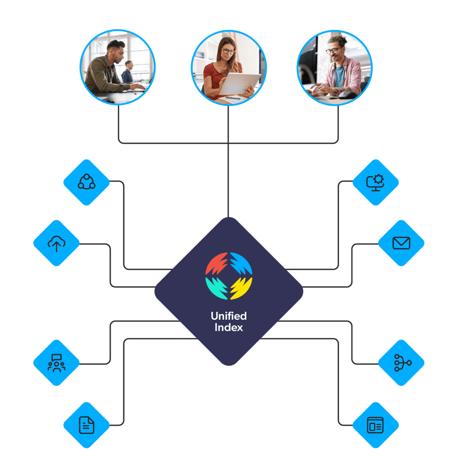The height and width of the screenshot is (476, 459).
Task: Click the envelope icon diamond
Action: coord(401,243)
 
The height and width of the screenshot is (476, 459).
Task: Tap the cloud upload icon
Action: coord(56,243)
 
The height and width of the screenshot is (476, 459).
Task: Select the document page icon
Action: coord(86,425)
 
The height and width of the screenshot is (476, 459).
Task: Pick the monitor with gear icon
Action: coord(375,182)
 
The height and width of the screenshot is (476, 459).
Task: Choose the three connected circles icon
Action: coord(86,182)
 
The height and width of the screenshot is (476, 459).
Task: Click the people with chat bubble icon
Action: coord(56,363)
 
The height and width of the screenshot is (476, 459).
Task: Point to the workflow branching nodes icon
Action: coord(401,363)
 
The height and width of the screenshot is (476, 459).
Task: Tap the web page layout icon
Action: coord(375,425)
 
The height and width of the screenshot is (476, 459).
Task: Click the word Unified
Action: coord(229,316)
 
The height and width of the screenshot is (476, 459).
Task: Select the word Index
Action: coord(229,327)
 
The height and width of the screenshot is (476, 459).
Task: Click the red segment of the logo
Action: coord(216,264)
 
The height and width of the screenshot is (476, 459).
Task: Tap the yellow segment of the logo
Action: coord(241,288)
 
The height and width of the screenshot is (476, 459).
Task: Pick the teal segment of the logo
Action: coord(216,288)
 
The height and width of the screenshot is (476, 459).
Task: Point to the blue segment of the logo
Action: coord(241,264)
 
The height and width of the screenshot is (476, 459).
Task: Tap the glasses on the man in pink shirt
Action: coord(333,50)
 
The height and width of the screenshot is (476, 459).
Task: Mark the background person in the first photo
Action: coord(127,72)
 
